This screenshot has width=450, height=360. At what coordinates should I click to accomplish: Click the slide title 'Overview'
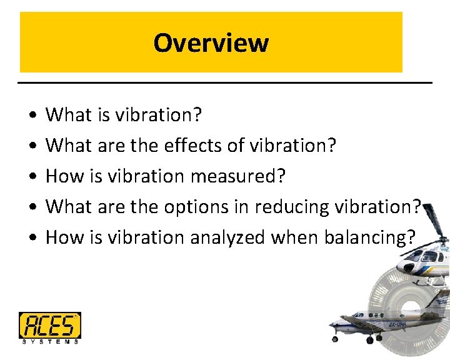click(211, 43)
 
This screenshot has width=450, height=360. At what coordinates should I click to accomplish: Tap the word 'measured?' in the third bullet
click(237, 176)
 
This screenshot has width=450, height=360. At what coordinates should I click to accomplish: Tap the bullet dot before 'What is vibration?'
click(31, 116)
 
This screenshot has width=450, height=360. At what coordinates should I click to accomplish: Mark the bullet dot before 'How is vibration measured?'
click(31, 177)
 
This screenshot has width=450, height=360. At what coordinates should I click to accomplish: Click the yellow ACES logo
click(49, 325)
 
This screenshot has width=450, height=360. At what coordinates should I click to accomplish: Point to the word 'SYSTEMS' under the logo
click(49, 341)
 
